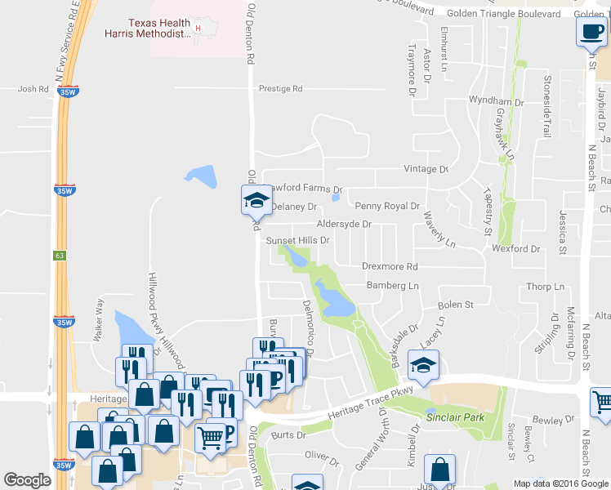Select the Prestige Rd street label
tap(280, 88)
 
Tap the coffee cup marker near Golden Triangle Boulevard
tap(591, 33)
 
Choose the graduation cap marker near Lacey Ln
tap(423, 364)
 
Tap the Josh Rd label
tap(33, 89)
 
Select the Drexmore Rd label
tap(390, 266)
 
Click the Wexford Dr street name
tap(517, 248)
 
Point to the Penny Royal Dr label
tap(386, 207)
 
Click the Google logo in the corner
tap(28, 480)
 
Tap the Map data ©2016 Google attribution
tap(560, 483)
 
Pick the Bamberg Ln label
tap(392, 286)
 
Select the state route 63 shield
tap(60, 255)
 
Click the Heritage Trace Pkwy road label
tap(359, 404)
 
